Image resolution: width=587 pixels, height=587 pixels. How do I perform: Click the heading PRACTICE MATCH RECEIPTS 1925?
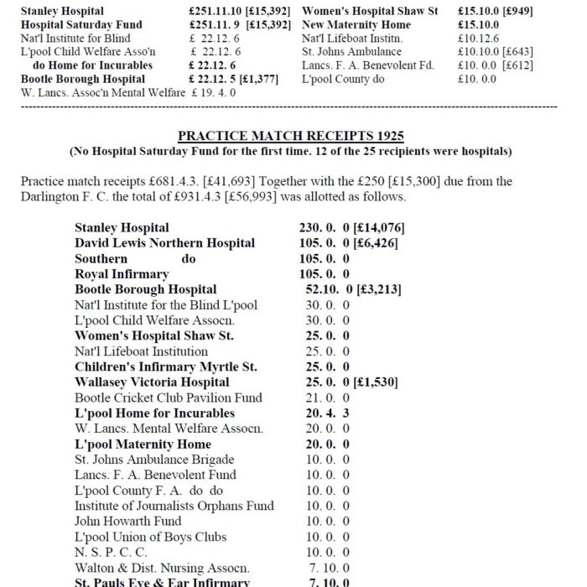pos(291,137)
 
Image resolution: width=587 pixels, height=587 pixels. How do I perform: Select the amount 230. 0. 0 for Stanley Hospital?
pos(325,227)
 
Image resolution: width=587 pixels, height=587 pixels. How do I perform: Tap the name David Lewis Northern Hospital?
pos(164,243)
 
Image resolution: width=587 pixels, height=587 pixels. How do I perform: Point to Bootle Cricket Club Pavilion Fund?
pos(168,397)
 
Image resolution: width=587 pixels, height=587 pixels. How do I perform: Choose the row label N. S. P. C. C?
pos(111,553)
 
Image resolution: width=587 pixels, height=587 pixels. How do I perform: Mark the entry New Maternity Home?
pos(356,25)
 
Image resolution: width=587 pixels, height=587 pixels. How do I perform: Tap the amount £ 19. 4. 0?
pos(213,92)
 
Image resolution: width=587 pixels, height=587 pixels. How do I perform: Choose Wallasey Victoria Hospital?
pos(152,382)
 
